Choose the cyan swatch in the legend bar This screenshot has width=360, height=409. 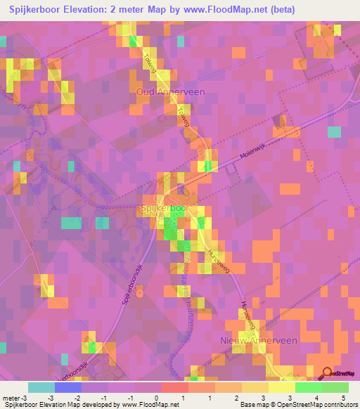click(41, 387)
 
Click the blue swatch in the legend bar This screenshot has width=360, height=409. click(68, 387)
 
